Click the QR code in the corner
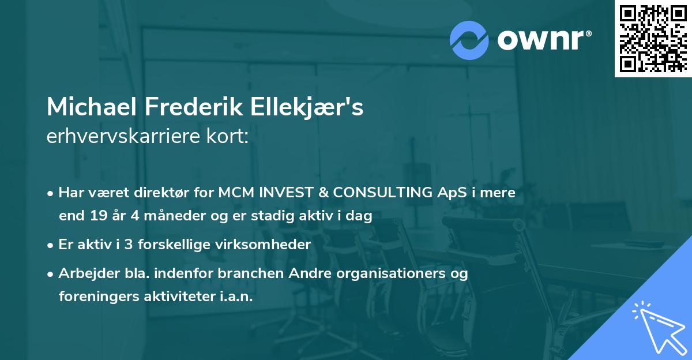coord(653,39)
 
